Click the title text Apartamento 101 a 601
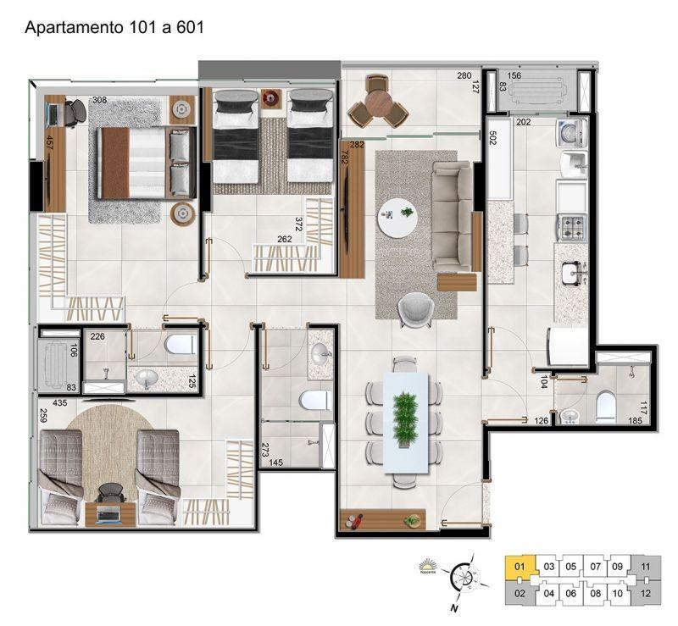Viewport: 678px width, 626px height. coord(114,26)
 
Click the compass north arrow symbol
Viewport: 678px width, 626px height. coord(462,580)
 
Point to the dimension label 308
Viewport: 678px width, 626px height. coord(99,101)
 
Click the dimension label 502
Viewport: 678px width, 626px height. coord(492,137)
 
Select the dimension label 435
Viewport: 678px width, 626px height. coord(59,404)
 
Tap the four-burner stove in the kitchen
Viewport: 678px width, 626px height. coord(571,226)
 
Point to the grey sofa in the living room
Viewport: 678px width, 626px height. coord(452,216)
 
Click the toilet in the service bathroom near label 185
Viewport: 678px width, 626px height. coord(608,407)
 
